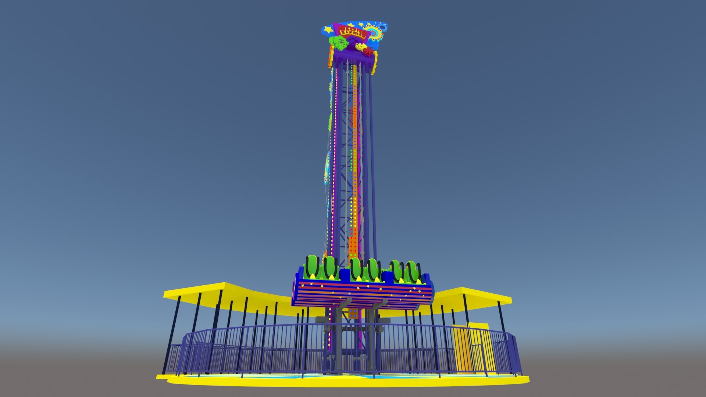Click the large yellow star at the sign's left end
click(328, 29)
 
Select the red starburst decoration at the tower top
click(367, 53)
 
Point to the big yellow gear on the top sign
click(374, 33)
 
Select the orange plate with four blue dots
click(353, 314)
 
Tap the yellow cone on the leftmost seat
click(312, 276)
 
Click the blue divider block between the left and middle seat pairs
click(345, 275)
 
